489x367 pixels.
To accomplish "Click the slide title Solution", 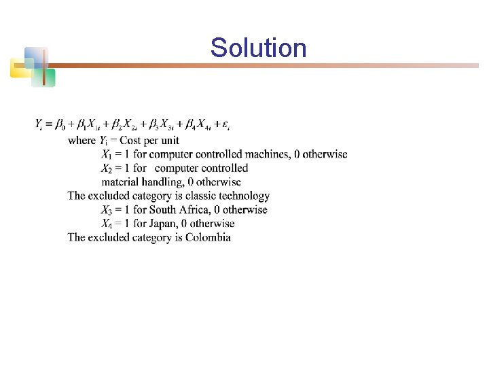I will tap(258, 48).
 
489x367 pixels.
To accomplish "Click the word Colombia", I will tap(208, 237).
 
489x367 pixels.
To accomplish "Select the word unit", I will tap(169, 141).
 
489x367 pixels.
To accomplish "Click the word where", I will tap(82, 141).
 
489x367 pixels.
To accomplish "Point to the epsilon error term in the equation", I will tap(225, 125).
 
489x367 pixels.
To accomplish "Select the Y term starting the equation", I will tap(39, 125).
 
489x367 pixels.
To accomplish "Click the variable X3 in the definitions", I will tap(107, 210).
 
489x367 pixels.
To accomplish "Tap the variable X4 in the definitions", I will tap(107, 224).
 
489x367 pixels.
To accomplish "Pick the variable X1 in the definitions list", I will tap(107, 155).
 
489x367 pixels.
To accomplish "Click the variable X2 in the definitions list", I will tap(107, 169).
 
